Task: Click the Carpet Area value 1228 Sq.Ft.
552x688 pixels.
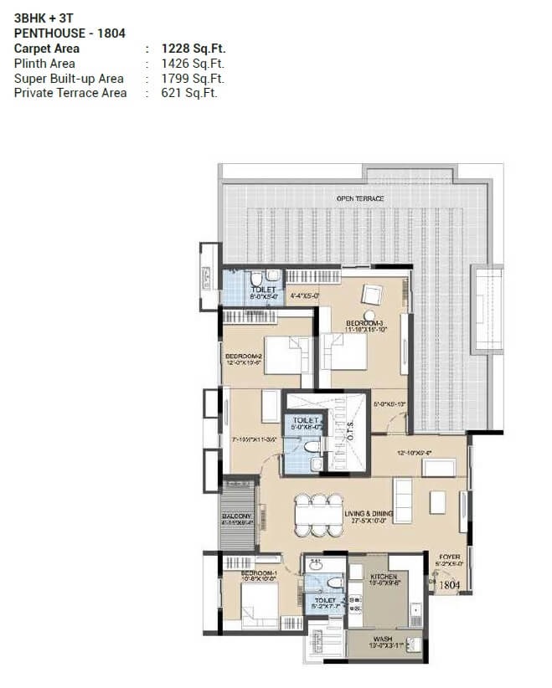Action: [193, 49]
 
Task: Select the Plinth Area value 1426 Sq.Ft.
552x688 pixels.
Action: [193, 64]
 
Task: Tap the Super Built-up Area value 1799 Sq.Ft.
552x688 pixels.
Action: [193, 79]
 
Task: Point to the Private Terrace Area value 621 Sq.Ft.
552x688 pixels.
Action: [189, 93]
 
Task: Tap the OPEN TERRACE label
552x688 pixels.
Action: [360, 198]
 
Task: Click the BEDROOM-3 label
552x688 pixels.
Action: [364, 322]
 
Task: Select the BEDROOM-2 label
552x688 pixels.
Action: [244, 357]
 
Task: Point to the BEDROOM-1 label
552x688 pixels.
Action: [241, 573]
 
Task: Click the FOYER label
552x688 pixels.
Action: [447, 556]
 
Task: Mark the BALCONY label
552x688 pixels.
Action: [236, 516]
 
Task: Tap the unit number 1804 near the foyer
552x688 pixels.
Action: [450, 585]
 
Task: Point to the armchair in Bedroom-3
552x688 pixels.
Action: [370, 295]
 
